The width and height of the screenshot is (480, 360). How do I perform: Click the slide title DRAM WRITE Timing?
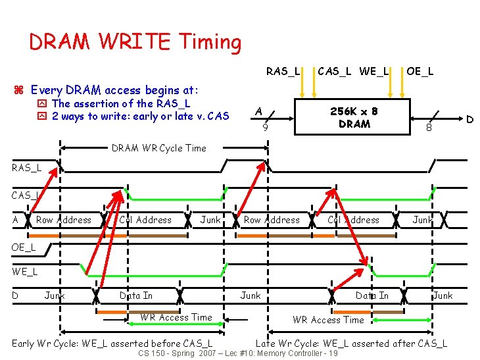point(135,43)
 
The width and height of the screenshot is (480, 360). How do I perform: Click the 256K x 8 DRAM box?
point(354,118)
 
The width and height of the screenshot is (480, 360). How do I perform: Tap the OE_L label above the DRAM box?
point(420,70)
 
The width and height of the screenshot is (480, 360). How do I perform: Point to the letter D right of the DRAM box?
point(469,119)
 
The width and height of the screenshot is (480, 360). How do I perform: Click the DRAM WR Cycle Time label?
point(158,148)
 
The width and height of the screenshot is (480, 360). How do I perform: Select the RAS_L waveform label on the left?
point(26,168)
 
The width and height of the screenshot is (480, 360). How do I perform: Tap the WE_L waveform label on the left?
point(25,271)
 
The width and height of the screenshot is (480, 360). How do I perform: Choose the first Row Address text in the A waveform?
point(64,220)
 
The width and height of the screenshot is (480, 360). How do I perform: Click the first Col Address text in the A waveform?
point(145,220)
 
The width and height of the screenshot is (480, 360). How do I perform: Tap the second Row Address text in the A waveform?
point(271,220)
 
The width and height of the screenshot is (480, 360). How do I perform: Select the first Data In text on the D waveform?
point(136,296)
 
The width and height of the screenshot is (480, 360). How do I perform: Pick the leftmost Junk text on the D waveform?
point(55,296)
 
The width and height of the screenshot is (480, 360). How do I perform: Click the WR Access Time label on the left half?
point(176,317)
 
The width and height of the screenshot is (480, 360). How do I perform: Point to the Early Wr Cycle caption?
point(112,343)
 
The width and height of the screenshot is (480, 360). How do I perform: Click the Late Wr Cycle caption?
point(351,343)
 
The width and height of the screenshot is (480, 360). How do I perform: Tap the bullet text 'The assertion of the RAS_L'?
point(121,103)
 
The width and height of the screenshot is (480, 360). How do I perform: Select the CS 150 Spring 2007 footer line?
point(239,353)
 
